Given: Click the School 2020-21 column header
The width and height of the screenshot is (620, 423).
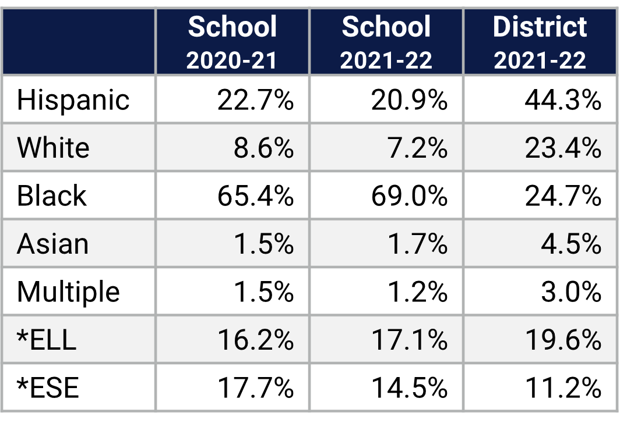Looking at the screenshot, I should click(232, 42).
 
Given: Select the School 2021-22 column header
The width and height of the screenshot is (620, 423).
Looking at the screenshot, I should click(386, 42).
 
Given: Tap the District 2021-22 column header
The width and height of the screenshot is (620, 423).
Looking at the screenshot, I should click(540, 42).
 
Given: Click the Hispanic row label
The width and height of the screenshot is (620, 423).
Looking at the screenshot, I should click(73, 100).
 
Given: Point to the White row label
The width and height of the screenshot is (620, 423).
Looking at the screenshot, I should click(53, 148).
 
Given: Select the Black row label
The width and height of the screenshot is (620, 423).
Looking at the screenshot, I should click(52, 195).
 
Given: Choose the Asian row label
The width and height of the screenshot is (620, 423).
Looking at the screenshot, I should click(52, 243).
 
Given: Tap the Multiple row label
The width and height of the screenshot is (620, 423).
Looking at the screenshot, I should click(68, 292).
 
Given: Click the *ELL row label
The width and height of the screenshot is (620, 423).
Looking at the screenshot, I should click(47, 339).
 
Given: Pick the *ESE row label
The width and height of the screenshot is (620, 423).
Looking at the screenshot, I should click(48, 388).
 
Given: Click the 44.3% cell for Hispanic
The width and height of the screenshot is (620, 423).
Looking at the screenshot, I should click(562, 100).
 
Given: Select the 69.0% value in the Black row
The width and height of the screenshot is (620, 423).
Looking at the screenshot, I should click(409, 195).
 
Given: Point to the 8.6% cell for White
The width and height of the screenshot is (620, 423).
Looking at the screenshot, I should click(263, 148).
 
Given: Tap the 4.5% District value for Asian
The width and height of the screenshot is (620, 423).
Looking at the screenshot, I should click(570, 243).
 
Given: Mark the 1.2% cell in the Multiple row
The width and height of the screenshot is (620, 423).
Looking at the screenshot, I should click(417, 292).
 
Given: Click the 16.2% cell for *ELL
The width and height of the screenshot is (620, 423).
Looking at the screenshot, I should click(255, 339).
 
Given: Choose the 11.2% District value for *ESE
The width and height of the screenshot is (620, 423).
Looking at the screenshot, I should click(562, 388).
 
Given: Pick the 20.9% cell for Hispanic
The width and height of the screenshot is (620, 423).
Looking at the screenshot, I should click(409, 100).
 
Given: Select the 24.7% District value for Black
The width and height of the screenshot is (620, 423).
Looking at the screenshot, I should click(562, 195).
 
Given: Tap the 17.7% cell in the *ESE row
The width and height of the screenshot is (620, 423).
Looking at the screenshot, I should click(255, 388).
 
